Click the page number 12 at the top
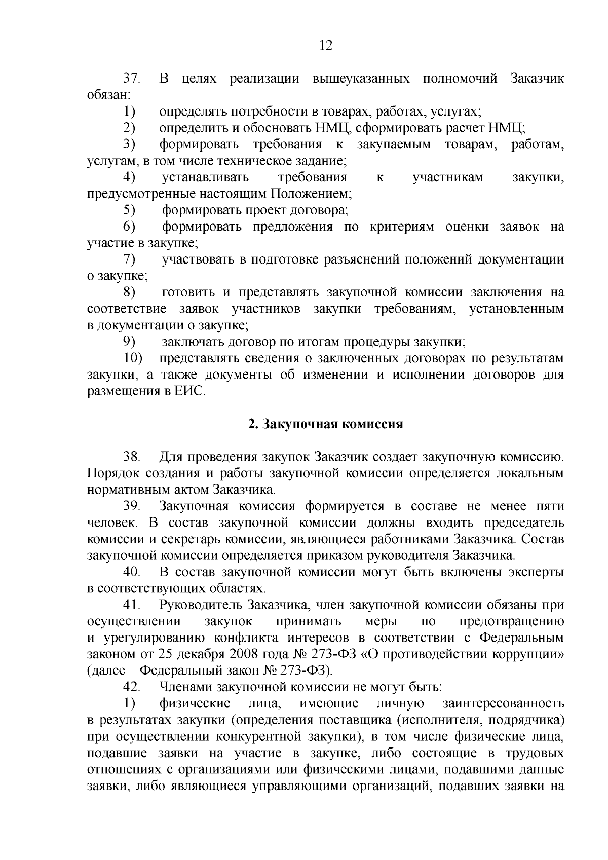[326, 46]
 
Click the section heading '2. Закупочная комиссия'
[325, 424]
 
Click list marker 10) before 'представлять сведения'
[133, 358]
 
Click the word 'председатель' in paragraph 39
[524, 523]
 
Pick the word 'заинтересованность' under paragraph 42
[503, 704]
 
